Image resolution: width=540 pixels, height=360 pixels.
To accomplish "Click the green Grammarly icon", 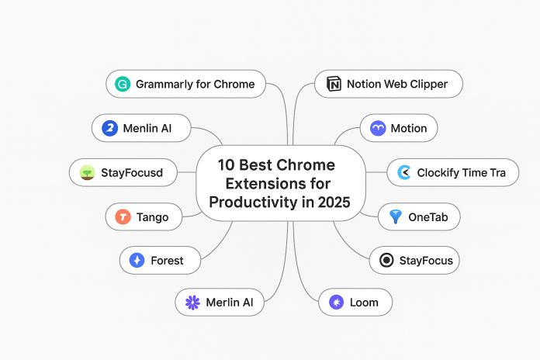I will coord(122,84).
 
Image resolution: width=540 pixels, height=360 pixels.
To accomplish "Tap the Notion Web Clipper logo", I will coord(334,84).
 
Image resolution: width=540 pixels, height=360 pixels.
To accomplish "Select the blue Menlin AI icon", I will coord(109,128).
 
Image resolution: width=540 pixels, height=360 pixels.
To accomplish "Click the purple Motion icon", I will coord(378,128).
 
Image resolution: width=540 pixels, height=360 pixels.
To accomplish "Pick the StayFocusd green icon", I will coord(88,172).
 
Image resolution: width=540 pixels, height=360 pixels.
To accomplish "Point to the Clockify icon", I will coord(403,172).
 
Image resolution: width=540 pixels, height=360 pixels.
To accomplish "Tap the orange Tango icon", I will coord(122,216).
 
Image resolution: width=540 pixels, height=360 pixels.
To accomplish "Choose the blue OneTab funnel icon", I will coord(396,216).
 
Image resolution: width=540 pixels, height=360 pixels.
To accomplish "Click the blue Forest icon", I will coord(137,260).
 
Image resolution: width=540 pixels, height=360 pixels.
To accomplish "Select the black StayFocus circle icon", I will coord(386,260).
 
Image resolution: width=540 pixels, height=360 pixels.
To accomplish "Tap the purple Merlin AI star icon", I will coord(192,302).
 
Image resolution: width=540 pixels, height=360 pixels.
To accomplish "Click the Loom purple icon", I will coord(336,302).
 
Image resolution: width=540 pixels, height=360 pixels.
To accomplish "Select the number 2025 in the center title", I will coord(330,202).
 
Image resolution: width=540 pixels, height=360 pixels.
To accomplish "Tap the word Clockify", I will coord(441,172).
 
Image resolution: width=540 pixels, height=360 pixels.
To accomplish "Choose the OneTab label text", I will coord(428,216).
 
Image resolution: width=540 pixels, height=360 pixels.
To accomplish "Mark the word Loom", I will coord(365,302).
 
